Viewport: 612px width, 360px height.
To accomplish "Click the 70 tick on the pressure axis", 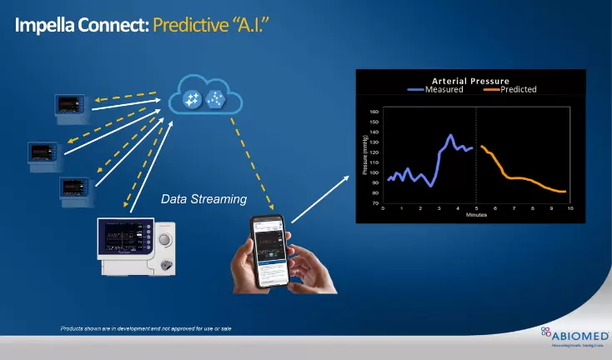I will coord(375,202).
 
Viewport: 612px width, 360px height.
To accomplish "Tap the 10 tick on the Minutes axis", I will coord(569,208).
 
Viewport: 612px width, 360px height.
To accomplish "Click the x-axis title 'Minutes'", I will coord(476,215).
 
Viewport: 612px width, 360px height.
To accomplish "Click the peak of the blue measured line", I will coord(451,135).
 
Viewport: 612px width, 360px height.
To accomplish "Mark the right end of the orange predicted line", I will coord(566,192).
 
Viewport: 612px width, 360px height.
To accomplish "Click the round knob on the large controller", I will coord(166,239).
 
